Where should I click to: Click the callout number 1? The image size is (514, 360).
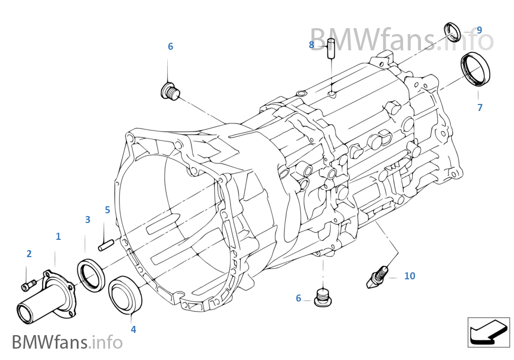(58, 237)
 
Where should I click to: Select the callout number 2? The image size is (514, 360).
(29, 254)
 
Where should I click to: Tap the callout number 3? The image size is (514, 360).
(88, 220)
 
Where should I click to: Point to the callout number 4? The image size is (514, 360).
(133, 329)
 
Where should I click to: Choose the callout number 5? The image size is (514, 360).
(108, 210)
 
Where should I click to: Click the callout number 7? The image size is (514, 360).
(480, 107)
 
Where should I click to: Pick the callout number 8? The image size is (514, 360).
(312, 44)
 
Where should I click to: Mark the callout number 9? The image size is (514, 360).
(479, 30)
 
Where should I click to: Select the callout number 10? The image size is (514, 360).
(410, 276)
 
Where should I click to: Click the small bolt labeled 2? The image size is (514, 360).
(29, 285)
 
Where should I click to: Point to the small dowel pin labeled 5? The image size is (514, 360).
(106, 245)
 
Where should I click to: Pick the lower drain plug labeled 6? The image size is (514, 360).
(323, 298)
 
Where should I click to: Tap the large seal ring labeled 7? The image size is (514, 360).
(475, 69)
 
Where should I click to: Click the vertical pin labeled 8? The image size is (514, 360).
(331, 49)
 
